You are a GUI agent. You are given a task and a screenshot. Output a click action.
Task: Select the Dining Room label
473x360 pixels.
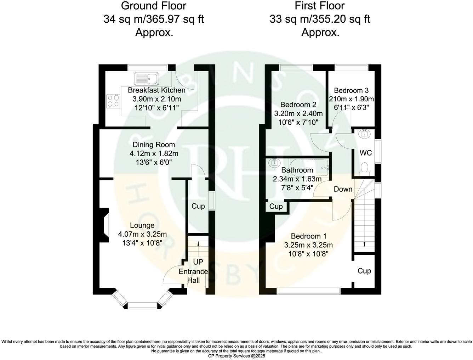pyautogui.click(x=154, y=145)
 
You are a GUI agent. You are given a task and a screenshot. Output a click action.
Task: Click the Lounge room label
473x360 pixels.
pyautogui.click(x=142, y=225)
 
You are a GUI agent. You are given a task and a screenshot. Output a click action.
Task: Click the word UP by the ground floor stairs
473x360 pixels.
pyautogui.click(x=198, y=262)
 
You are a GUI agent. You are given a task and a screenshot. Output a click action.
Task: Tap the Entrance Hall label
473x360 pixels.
pyautogui.click(x=193, y=276)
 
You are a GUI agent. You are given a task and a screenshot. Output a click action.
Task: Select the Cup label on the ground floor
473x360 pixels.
pyautogui.click(x=198, y=206)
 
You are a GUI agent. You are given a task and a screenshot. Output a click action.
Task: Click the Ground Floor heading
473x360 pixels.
pyautogui.click(x=153, y=6)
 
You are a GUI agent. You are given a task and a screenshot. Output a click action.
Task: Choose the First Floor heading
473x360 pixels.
pyautogui.click(x=319, y=6)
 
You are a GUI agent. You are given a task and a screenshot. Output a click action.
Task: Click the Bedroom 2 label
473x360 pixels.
pyautogui.click(x=298, y=105)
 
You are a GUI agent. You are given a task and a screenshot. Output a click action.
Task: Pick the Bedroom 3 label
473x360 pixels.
pyautogui.click(x=351, y=90)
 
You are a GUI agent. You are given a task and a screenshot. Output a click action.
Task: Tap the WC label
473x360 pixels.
pyautogui.click(x=365, y=153)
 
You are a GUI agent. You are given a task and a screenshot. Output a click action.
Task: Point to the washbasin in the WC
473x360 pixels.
pyautogui.click(x=365, y=134)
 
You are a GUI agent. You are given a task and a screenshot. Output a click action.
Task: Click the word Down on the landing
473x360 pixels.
pyautogui.click(x=343, y=189)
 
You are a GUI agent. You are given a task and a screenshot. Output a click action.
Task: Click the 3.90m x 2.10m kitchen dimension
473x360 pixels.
pyautogui.click(x=156, y=99)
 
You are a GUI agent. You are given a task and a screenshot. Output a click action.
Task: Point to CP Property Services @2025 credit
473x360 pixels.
pyautogui.click(x=236, y=356)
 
